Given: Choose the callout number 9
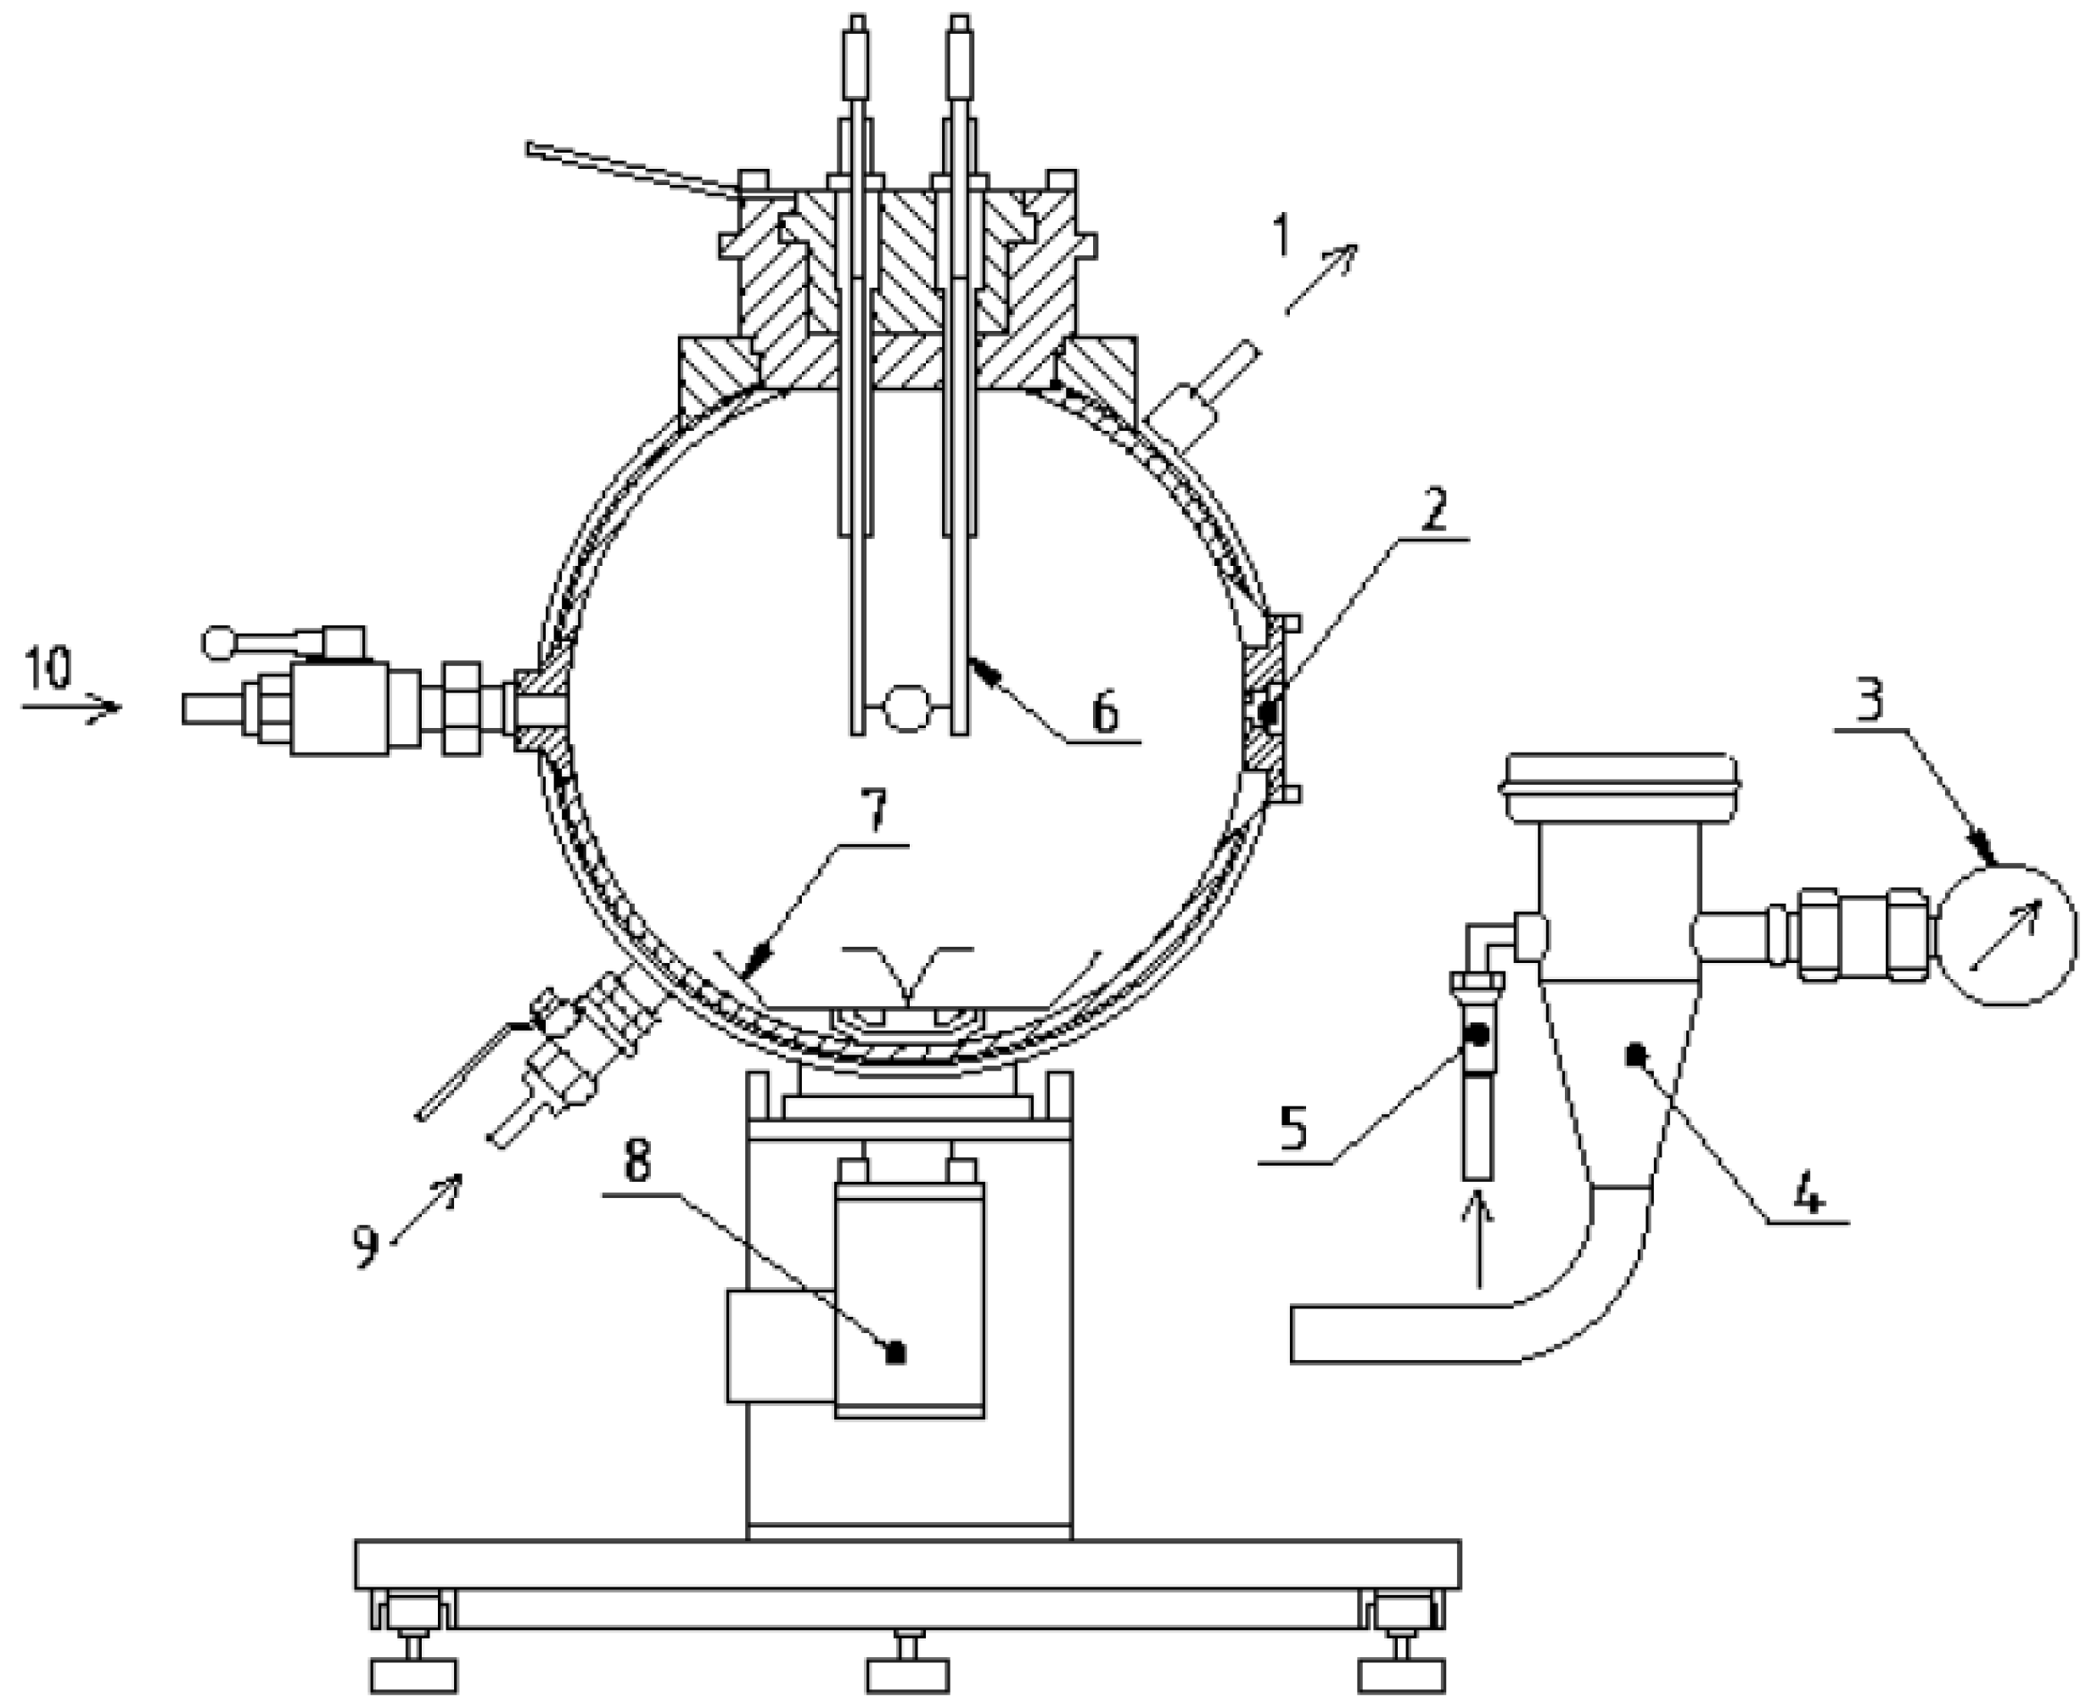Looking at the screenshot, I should tap(366, 1246).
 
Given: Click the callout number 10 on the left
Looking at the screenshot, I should tap(48, 668).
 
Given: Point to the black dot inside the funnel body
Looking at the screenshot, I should tap(1635, 1056).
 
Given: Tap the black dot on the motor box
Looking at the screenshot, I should tap(894, 1352).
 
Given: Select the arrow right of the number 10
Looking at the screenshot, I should tap(74, 707).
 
